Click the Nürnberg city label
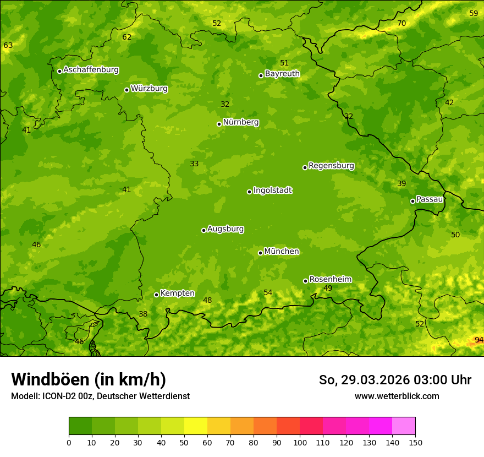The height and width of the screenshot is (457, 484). click(x=240, y=122)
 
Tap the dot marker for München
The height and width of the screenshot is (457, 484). click(x=260, y=253)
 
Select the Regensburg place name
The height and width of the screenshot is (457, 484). click(x=331, y=166)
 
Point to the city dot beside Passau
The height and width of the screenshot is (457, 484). click(x=413, y=201)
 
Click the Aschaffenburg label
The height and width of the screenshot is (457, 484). click(x=91, y=70)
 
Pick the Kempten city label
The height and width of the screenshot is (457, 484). click(x=177, y=293)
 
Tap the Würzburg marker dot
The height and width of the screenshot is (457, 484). click(x=127, y=90)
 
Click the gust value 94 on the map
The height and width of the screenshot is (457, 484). click(x=479, y=340)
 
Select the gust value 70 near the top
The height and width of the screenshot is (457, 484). click(x=402, y=23)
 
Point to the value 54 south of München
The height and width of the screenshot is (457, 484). click(x=268, y=292)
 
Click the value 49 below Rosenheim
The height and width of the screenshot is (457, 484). click(x=328, y=288)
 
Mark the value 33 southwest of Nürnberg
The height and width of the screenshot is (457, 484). click(x=194, y=164)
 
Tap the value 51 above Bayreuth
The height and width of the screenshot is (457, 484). click(x=284, y=63)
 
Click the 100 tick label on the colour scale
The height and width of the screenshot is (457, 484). click(x=300, y=442)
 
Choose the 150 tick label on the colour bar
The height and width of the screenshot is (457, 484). click(x=415, y=442)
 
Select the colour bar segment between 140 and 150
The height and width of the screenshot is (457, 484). click(x=404, y=426)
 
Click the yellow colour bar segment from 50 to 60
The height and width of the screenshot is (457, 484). click(x=196, y=426)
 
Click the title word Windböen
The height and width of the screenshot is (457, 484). click(x=51, y=379)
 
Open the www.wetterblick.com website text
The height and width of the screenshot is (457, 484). click(x=397, y=396)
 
